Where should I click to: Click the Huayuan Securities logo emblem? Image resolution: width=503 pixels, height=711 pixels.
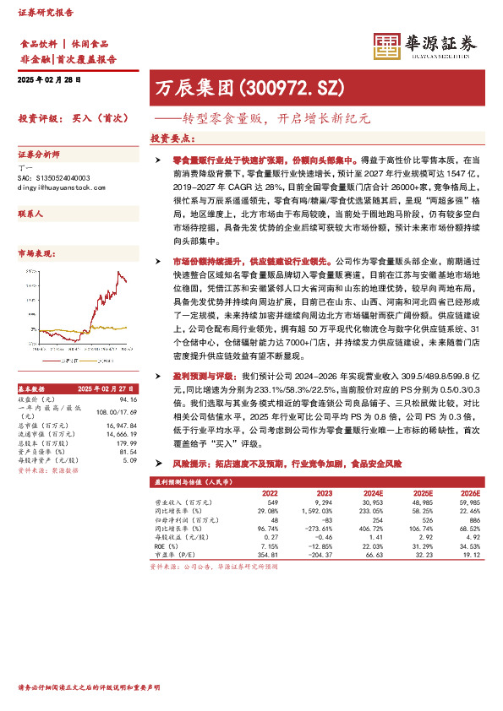[x=387, y=47]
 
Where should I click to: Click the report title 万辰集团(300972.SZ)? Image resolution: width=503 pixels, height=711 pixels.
[x=249, y=87]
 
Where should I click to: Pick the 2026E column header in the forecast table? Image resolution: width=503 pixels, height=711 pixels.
[x=468, y=492]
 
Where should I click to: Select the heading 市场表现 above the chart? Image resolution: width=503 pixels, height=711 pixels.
[x=36, y=252]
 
